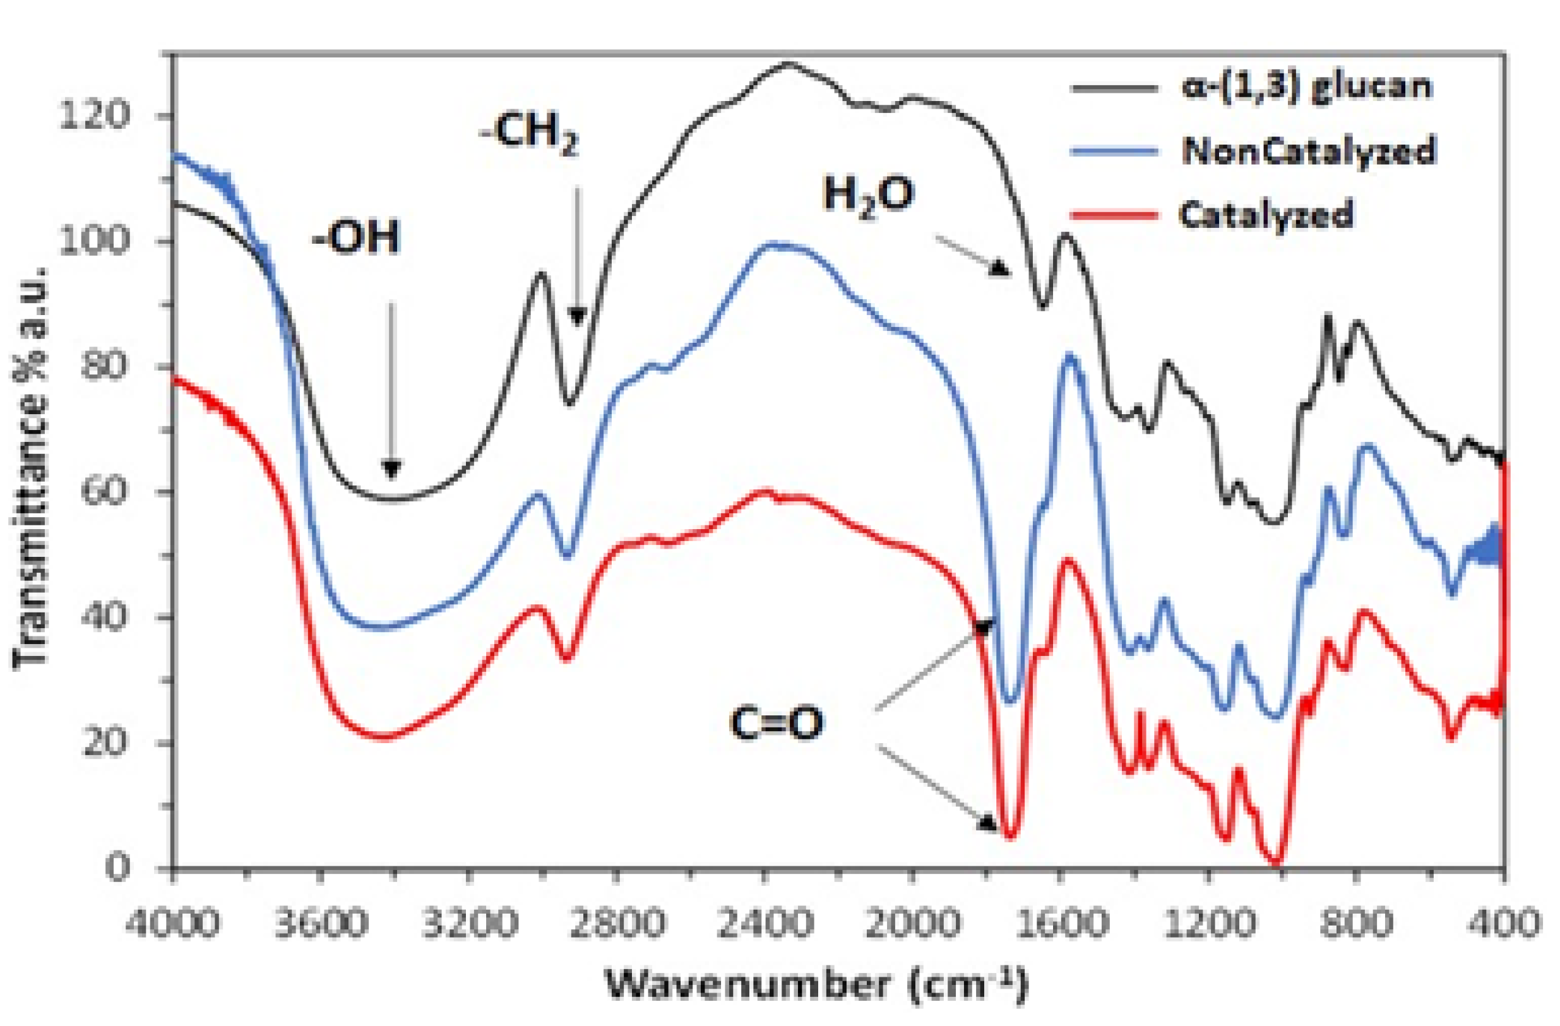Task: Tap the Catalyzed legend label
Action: [x=1265, y=215]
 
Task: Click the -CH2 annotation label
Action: [x=528, y=134]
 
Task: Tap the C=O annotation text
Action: [x=777, y=723]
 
